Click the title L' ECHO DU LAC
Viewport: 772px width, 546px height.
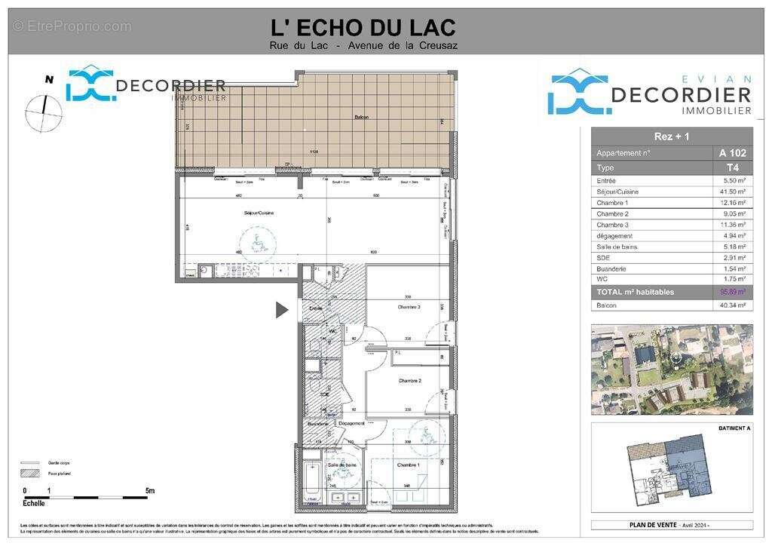coord(363,27)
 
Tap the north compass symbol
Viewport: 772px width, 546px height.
coord(43,110)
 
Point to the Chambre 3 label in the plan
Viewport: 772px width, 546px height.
coord(409,307)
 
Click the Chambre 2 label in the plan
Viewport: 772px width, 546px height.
coord(409,381)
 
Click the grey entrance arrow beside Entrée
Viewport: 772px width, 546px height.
coord(282,309)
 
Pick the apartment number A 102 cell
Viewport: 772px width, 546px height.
coord(732,153)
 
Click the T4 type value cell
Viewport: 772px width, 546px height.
coord(732,167)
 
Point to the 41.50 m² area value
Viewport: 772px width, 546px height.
coord(732,192)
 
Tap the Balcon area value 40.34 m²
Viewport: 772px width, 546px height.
coord(732,305)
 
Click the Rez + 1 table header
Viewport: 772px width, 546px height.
coord(671,136)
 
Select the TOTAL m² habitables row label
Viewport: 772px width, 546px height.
coord(635,292)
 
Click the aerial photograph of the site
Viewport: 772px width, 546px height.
coord(672,369)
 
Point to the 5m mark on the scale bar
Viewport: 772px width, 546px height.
coord(150,491)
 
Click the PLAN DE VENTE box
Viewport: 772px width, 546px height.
coord(671,525)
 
